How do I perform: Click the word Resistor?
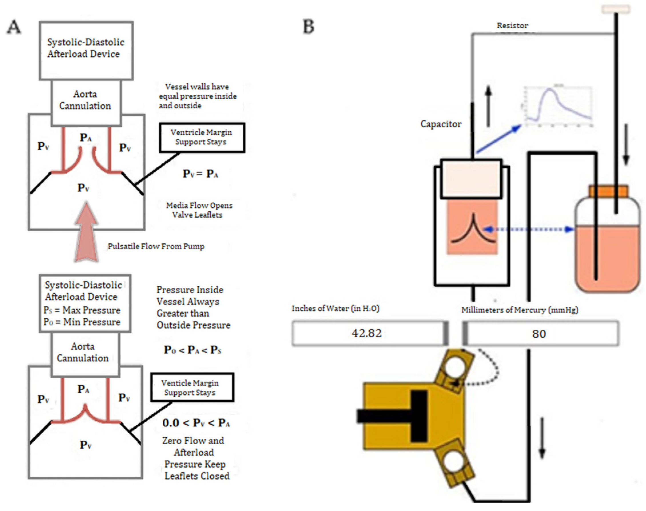pos(512,26)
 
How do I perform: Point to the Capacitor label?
pos(441,124)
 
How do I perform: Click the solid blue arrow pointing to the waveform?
pos(498,139)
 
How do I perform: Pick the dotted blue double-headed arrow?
pos(529,229)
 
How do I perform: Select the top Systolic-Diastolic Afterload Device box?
pos(86,50)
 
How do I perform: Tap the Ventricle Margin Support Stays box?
pos(202,137)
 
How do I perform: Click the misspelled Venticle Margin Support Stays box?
pos(192,387)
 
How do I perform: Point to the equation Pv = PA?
pos(200,174)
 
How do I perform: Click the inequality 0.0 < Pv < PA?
pos(196,423)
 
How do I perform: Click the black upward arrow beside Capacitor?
pos(488,106)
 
